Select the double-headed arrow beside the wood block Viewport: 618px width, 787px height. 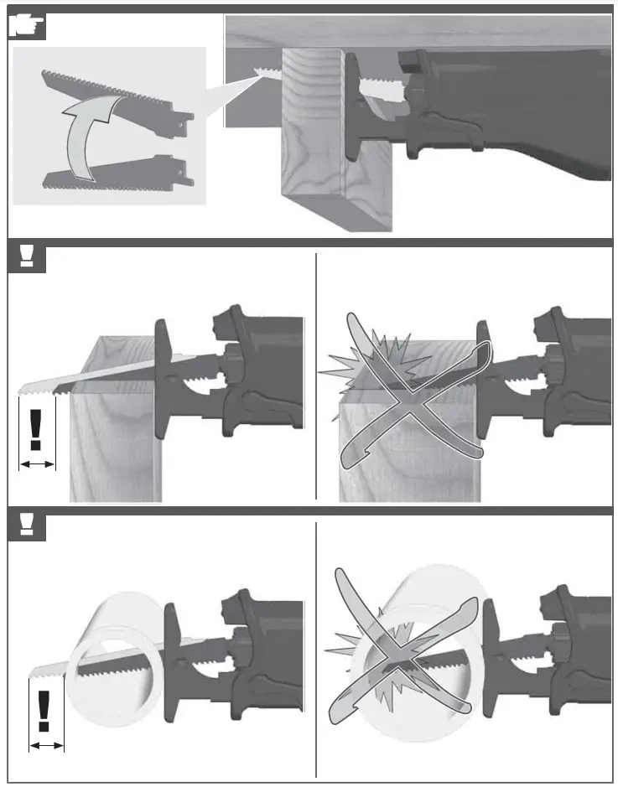(x=37, y=463)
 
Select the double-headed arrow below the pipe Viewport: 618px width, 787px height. (x=47, y=745)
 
